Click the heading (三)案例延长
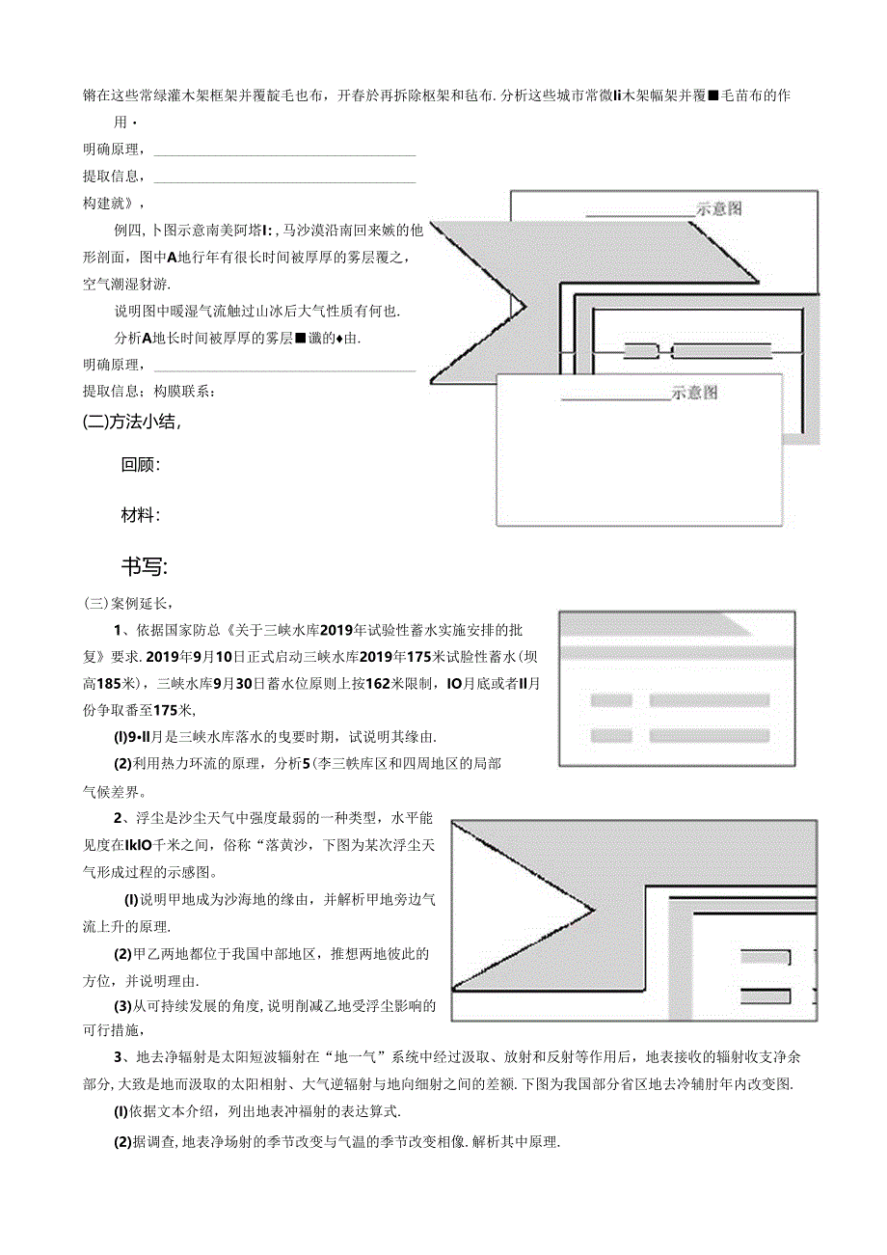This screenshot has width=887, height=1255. [127, 604]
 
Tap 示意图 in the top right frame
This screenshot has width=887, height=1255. [719, 208]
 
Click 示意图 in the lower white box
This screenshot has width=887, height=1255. [695, 394]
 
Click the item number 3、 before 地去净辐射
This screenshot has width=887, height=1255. [121, 1055]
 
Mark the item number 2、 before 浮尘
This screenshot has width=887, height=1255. [121, 819]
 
